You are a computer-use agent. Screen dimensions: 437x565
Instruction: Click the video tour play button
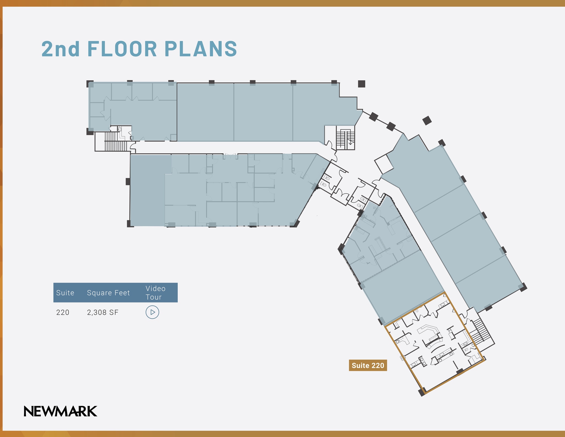click(x=152, y=312)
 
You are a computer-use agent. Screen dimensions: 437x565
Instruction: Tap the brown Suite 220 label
click(x=368, y=365)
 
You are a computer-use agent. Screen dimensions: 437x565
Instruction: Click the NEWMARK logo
click(x=60, y=411)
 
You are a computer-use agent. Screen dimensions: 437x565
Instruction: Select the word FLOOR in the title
click(x=122, y=49)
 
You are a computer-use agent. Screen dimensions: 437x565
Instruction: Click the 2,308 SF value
click(x=103, y=312)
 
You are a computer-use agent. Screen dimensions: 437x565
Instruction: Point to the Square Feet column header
click(x=108, y=293)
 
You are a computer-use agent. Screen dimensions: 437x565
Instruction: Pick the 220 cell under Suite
click(x=63, y=312)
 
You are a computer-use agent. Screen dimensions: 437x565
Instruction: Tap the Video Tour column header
click(x=156, y=293)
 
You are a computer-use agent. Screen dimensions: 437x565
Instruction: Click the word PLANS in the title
click(x=201, y=49)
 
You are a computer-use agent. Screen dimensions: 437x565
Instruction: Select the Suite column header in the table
click(x=65, y=293)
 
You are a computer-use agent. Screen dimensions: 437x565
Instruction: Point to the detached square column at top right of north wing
click(x=361, y=84)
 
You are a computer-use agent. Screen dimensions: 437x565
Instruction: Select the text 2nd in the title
click(x=61, y=49)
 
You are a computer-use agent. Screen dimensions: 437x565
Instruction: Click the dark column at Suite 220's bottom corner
click(x=422, y=392)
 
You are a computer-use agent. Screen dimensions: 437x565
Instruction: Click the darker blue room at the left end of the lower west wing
click(x=147, y=190)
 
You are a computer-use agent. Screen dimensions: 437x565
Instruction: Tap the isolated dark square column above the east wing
click(x=427, y=120)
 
